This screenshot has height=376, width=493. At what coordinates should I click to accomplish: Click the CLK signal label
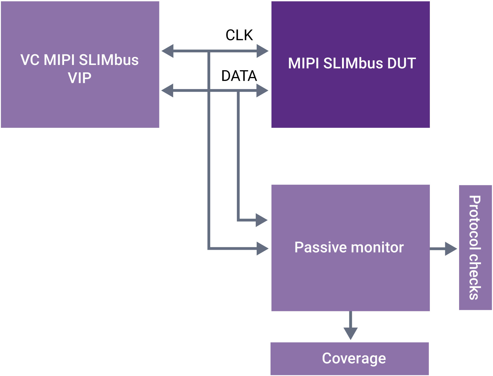click(239, 35)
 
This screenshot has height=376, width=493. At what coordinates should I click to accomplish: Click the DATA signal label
click(239, 76)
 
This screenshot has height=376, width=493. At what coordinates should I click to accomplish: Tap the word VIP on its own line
click(80, 78)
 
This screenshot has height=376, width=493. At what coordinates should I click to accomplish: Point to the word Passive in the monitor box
click(320, 247)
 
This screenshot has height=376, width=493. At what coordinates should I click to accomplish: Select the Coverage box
click(349, 358)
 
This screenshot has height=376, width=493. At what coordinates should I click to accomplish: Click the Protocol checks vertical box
click(475, 247)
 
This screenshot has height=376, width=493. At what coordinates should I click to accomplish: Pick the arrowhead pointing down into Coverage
click(350, 333)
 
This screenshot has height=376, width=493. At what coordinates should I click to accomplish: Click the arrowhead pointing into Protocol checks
click(451, 249)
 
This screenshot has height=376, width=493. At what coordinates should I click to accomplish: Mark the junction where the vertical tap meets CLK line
click(209, 51)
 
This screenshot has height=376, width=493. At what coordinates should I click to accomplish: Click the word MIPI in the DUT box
click(304, 63)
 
